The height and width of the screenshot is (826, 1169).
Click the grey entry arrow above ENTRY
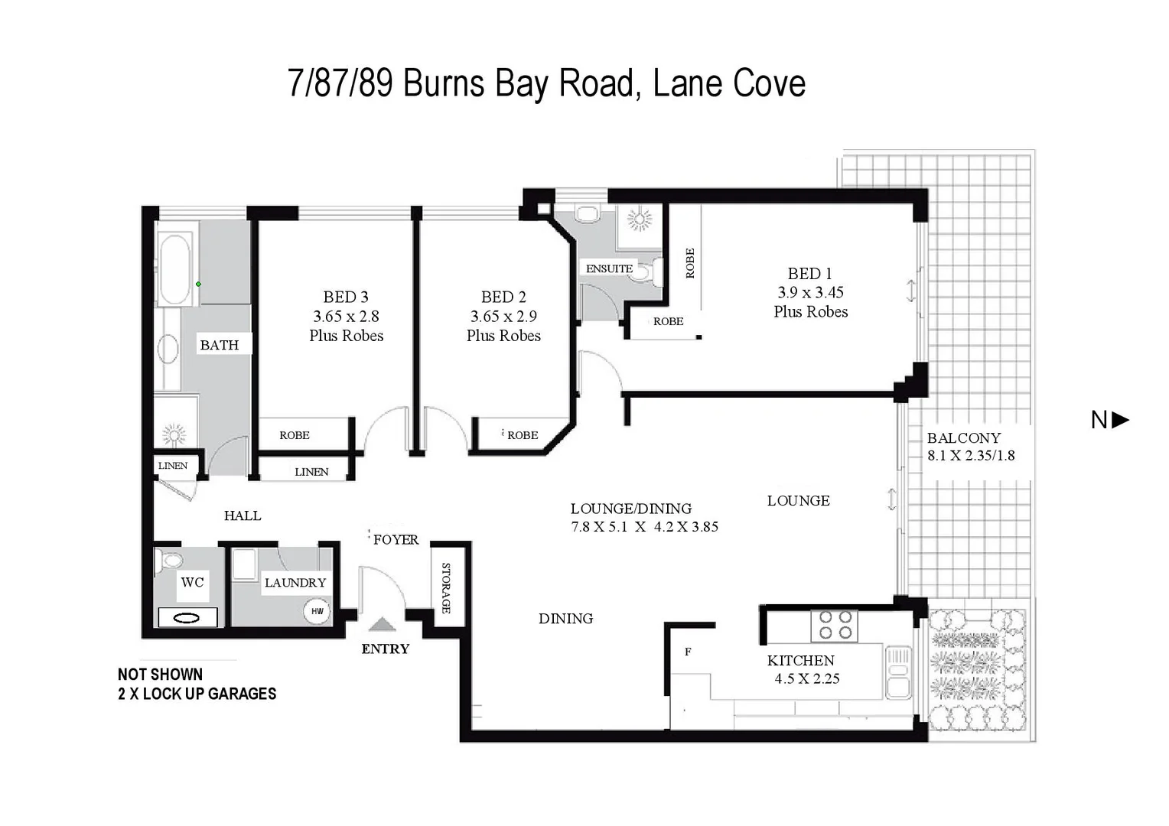click(383, 624)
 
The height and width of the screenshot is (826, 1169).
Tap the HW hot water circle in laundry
click(317, 611)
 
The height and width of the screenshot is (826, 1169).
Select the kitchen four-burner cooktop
click(835, 625)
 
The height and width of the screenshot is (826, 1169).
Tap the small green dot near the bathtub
click(198, 284)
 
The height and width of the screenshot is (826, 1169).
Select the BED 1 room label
click(809, 273)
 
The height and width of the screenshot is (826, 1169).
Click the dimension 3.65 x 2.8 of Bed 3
click(346, 316)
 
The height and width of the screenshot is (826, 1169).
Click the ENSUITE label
click(609, 268)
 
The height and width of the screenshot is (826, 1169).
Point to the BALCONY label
click(963, 437)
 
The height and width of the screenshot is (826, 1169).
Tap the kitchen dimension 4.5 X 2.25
click(806, 678)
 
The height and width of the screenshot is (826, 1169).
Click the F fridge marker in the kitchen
click(688, 652)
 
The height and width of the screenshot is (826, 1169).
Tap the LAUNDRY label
click(295, 582)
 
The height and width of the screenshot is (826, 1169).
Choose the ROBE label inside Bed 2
click(523, 434)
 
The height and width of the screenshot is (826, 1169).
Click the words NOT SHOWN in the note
click(160, 674)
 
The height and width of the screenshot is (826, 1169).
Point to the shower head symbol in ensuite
click(640, 220)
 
